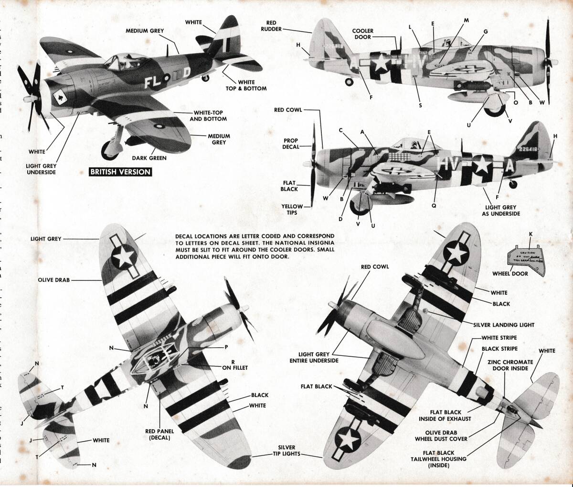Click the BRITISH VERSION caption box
[120, 172]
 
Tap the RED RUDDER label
[268, 26]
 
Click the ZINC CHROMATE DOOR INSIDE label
[508, 365]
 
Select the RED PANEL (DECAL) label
[159, 434]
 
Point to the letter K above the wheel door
[530, 233]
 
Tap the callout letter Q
[434, 206]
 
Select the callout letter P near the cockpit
[226, 347]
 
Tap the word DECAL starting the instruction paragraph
[185, 236]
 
